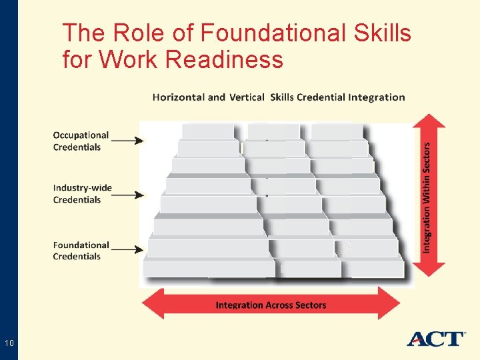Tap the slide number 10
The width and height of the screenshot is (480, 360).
click(9, 343)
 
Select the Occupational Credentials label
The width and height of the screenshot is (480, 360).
click(81, 141)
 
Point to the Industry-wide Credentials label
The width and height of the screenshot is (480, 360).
click(82, 193)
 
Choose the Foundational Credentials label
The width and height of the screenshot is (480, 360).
click(81, 251)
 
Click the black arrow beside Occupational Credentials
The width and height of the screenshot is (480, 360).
click(127, 141)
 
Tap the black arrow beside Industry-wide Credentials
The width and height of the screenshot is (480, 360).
click(127, 195)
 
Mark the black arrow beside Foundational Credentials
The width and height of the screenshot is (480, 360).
click(127, 249)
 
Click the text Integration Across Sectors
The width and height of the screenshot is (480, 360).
click(271, 305)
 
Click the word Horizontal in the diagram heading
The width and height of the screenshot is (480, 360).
click(179, 97)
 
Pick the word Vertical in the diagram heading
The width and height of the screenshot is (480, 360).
click(247, 97)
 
